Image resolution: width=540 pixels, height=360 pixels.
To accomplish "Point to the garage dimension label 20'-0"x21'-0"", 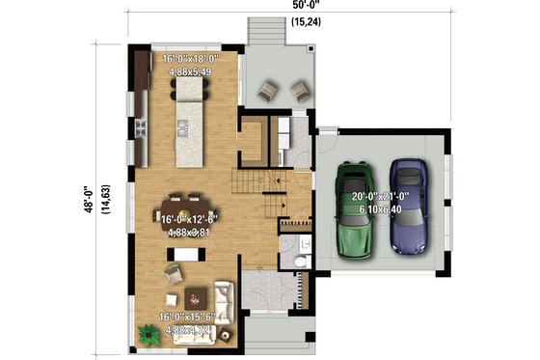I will click(x=381, y=201).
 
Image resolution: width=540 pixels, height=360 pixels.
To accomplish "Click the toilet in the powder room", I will click(x=299, y=260).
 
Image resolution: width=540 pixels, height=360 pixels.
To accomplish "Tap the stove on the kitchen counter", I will click(x=141, y=125).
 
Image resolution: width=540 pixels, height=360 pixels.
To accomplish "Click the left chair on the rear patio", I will click(x=267, y=91).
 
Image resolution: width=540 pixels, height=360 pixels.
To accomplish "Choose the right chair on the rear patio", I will click(x=300, y=91).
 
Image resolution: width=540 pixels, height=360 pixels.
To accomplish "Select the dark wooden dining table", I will click(x=182, y=210).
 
